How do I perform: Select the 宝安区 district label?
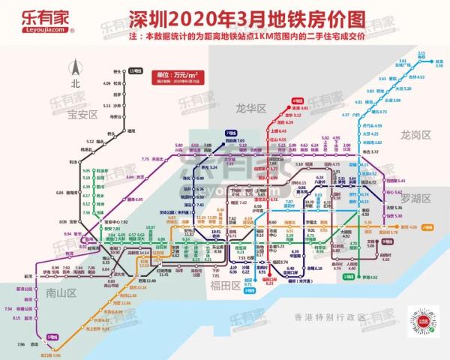coord(83,115)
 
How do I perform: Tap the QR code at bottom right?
coord(418,324)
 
